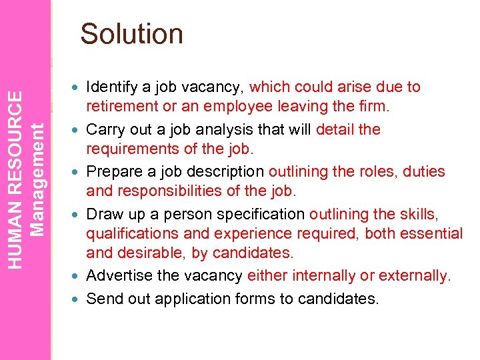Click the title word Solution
(x=131, y=34)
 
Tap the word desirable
(x=150, y=253)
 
